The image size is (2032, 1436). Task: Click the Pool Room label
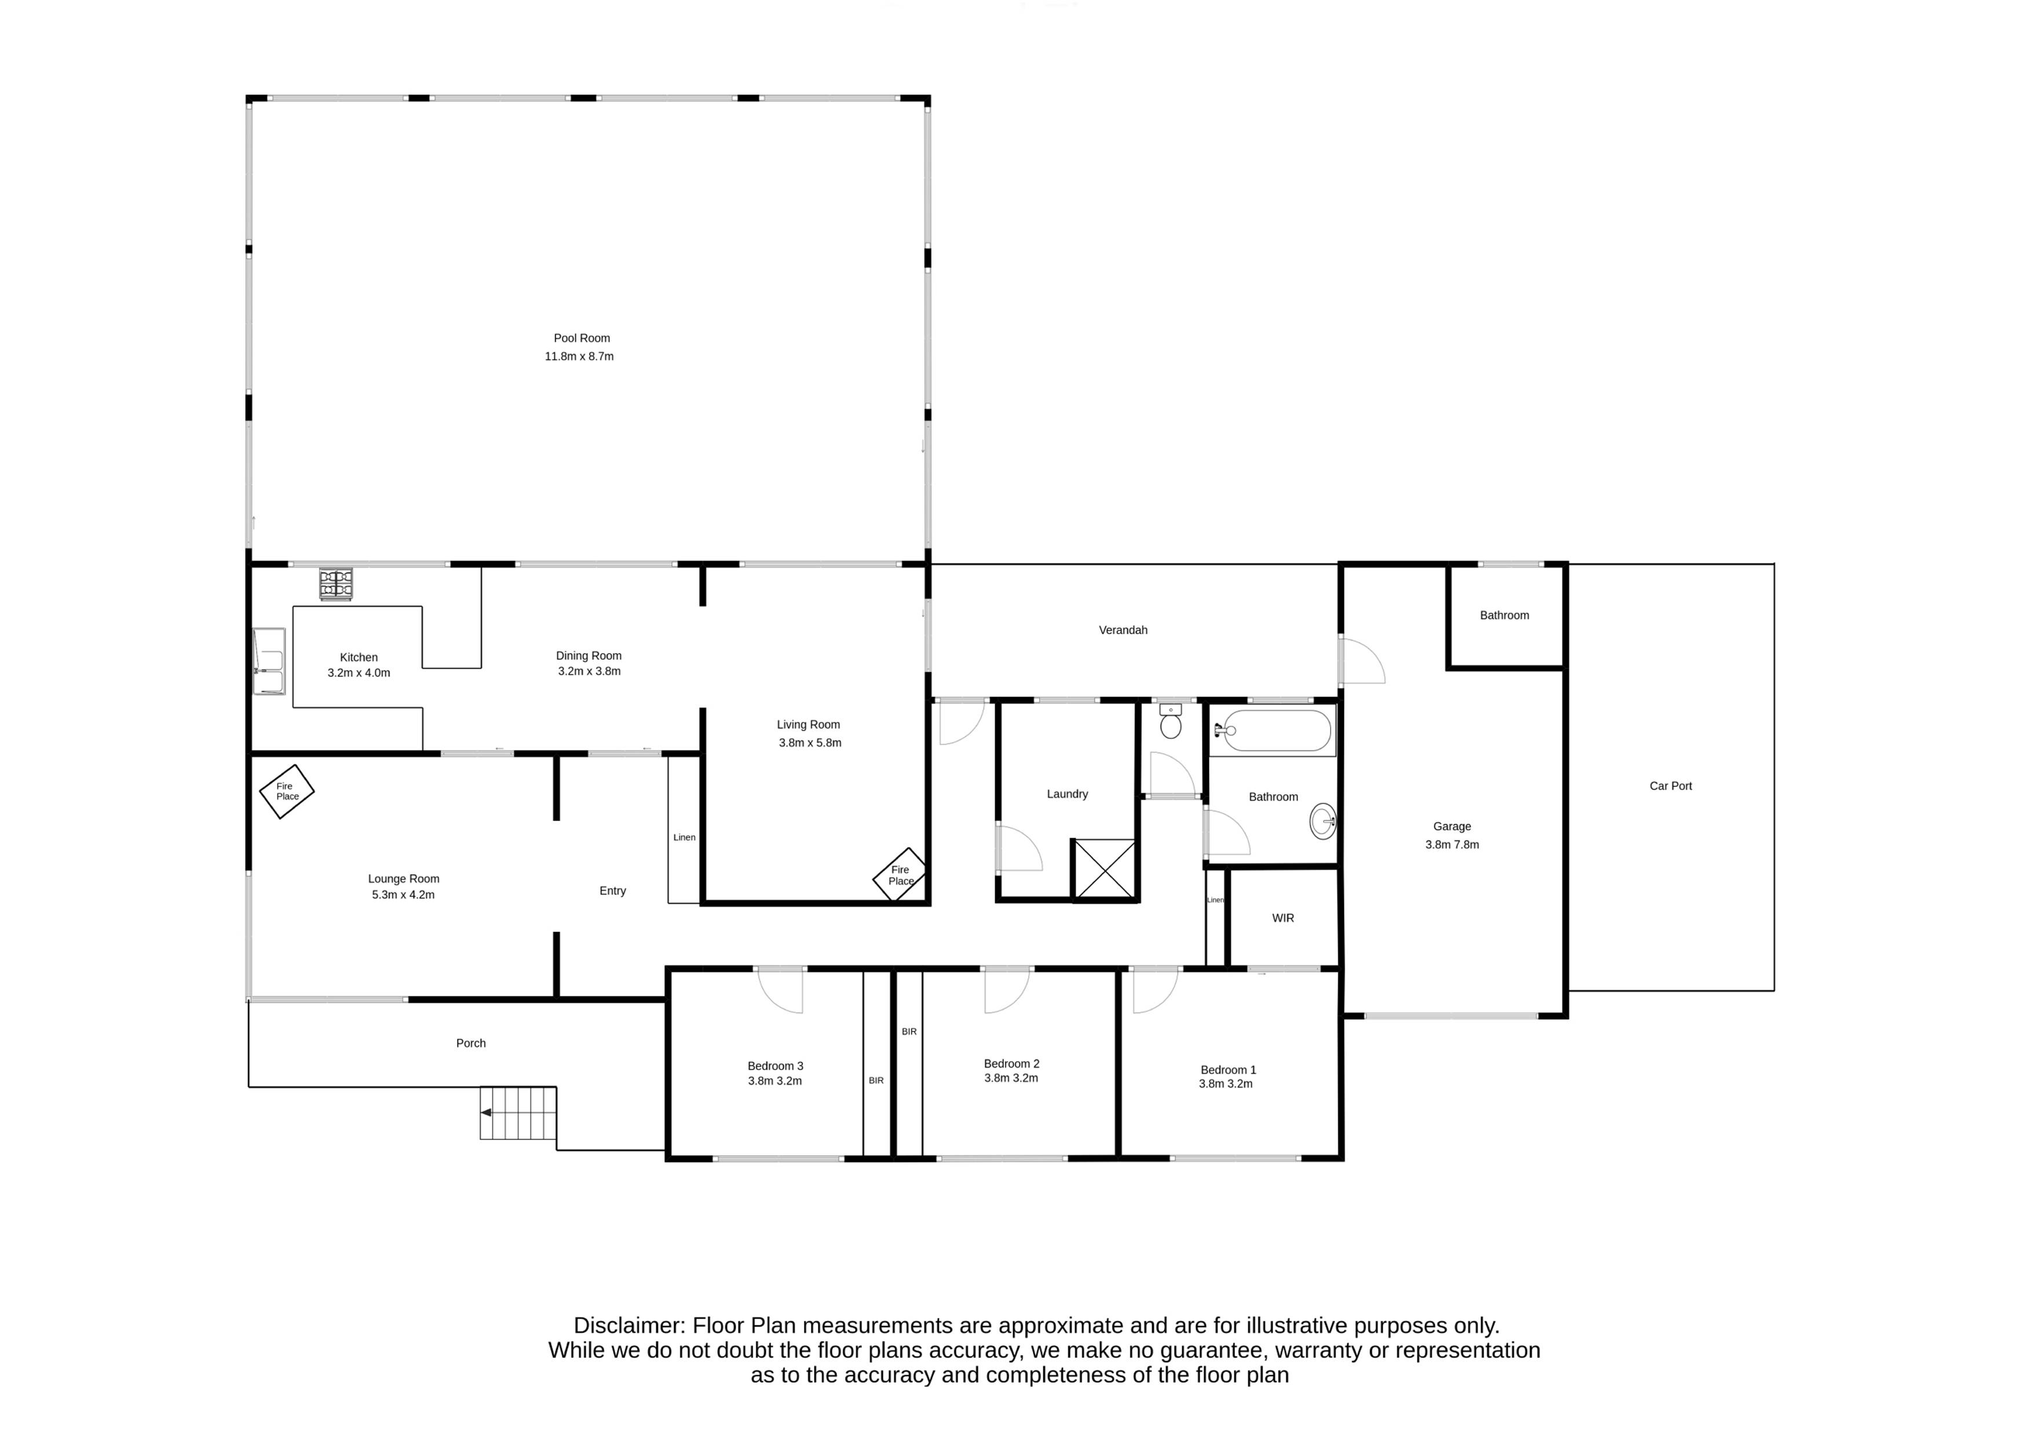click(x=582, y=338)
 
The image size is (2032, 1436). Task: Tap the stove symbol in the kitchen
click(x=337, y=584)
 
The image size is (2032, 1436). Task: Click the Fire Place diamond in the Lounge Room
click(x=286, y=791)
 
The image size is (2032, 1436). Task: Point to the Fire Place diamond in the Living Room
click(x=900, y=875)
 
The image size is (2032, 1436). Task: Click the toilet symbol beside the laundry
click(x=1170, y=722)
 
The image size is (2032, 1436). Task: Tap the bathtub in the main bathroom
click(x=1273, y=730)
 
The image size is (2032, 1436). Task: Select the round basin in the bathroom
click(x=1322, y=821)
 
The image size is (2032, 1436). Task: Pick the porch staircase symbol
click(x=518, y=1112)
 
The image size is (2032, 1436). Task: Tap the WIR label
click(x=1282, y=918)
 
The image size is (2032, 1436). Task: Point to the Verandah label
click(x=1123, y=630)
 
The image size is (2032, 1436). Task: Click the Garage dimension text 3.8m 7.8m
click(x=1452, y=844)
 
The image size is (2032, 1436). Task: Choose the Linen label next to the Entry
click(x=684, y=837)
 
